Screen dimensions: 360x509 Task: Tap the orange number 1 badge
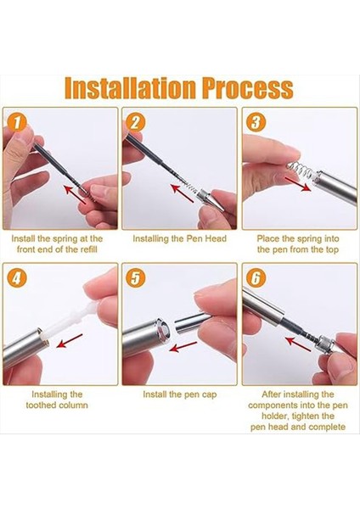(x=16, y=123)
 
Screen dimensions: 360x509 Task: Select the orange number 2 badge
(x=135, y=123)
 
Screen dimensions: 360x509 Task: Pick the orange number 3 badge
(x=256, y=123)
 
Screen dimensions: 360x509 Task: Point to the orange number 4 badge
(x=16, y=278)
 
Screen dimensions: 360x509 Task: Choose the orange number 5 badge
(x=135, y=278)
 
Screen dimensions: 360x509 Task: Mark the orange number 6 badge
(x=256, y=278)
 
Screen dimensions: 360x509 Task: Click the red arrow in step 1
(x=75, y=194)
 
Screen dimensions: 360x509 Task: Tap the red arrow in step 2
(x=183, y=193)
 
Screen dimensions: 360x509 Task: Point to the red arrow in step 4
(x=70, y=341)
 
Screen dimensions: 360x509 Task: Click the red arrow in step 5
(x=183, y=347)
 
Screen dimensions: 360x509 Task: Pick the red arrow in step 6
(x=299, y=344)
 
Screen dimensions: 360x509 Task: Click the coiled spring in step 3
(x=300, y=171)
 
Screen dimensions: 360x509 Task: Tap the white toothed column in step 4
(x=72, y=318)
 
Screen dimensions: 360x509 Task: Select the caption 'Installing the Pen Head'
(x=179, y=238)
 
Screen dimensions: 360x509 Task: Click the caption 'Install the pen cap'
(x=179, y=394)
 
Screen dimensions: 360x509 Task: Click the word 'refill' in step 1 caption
(x=88, y=249)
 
